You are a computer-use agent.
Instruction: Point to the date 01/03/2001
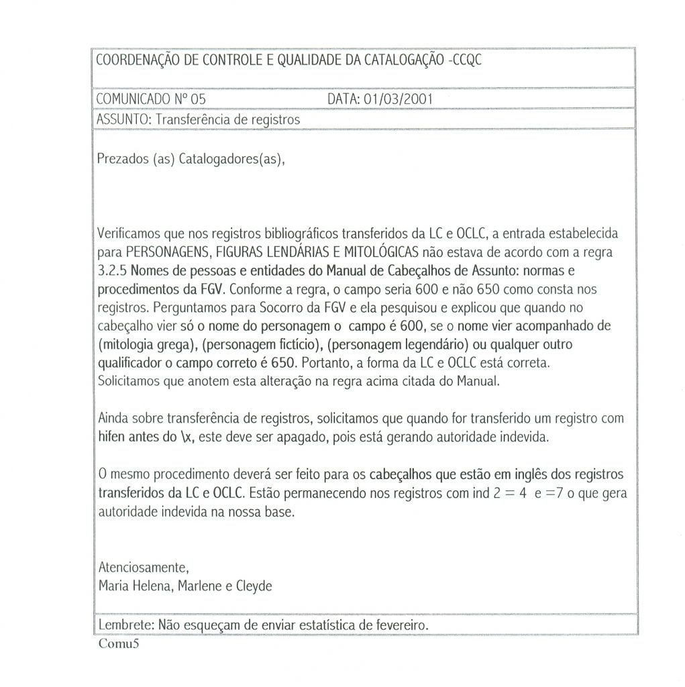398,99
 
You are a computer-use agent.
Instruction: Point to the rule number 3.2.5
111,271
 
